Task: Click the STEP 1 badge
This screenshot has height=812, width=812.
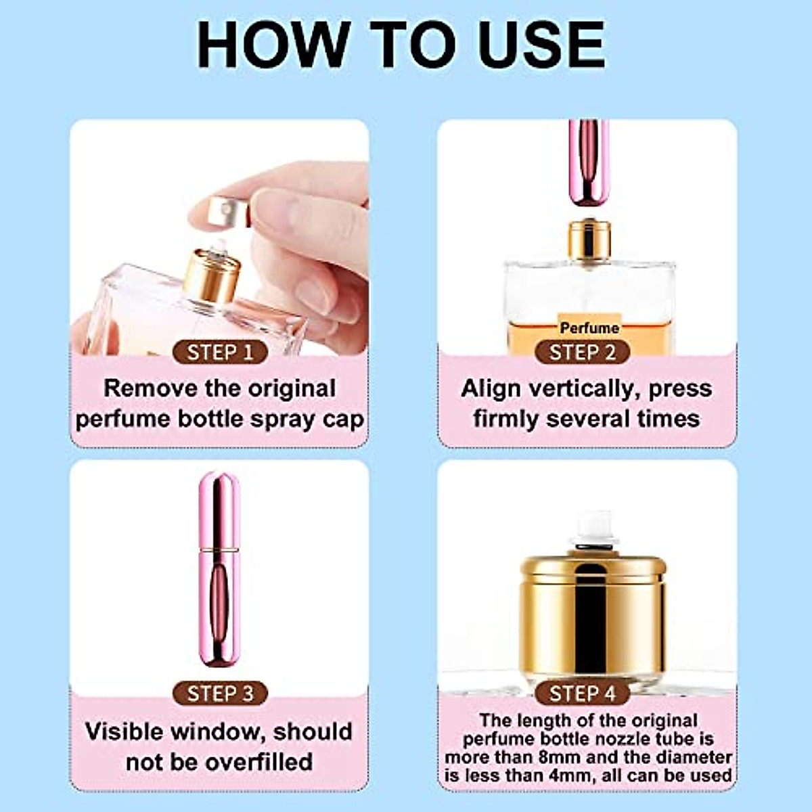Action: (x=220, y=353)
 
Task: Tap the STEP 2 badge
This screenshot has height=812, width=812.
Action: (x=583, y=353)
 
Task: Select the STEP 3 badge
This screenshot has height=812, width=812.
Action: (x=220, y=694)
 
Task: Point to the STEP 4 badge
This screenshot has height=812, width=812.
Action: (x=583, y=694)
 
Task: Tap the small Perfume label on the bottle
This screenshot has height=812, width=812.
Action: (x=589, y=328)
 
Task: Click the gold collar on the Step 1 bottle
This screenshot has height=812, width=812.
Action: (x=211, y=276)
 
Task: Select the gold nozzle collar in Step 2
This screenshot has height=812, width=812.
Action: (x=589, y=240)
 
